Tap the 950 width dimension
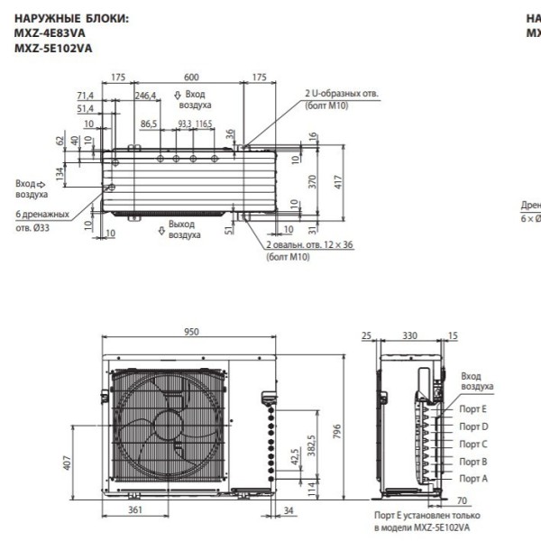(x=191, y=333)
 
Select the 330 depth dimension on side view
(x=409, y=335)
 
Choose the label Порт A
(x=472, y=478)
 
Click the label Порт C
(x=472, y=444)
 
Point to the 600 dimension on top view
(x=191, y=78)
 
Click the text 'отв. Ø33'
(x=37, y=227)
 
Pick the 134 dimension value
(x=60, y=172)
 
